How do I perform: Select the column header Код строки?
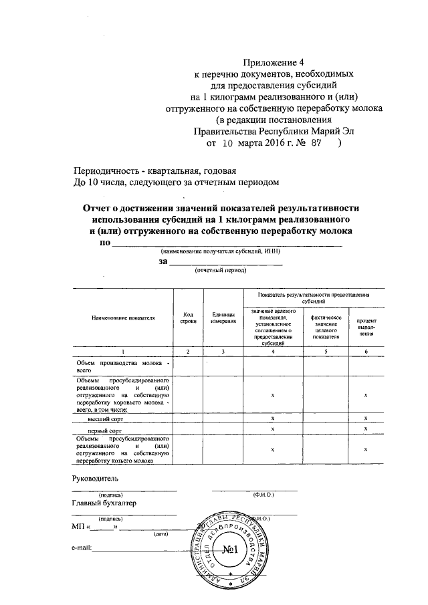click(188, 319)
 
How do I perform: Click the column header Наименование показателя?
click(123, 319)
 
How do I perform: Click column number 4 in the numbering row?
click(273, 351)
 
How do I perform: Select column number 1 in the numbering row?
click(123, 351)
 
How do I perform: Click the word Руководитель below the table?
click(95, 479)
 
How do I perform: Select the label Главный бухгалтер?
click(104, 503)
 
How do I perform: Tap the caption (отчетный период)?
click(220, 271)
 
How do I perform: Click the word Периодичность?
click(104, 170)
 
